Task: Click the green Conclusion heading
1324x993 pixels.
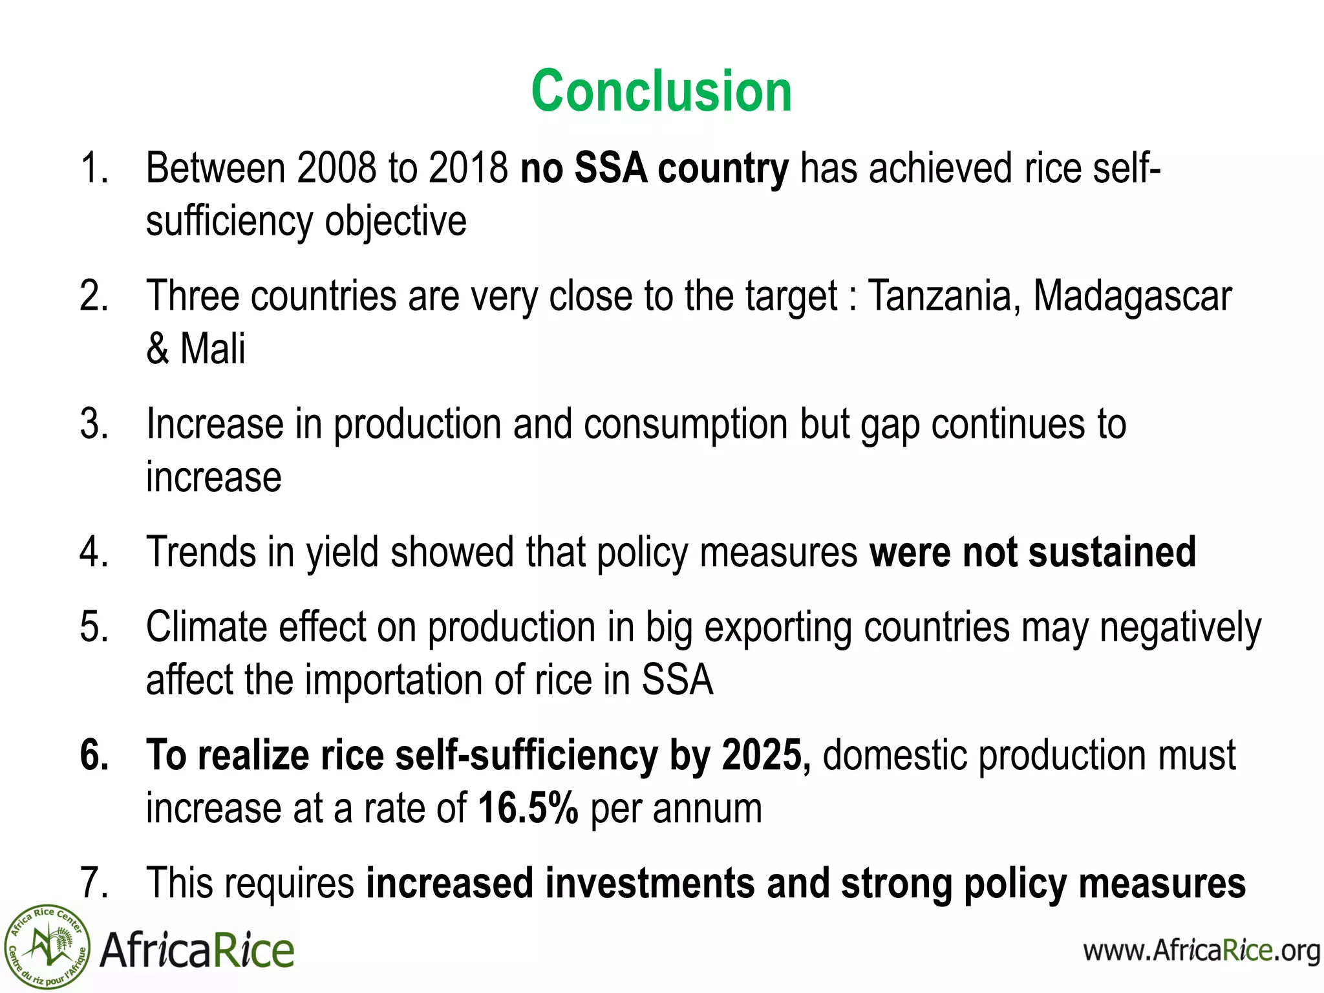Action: tap(661, 91)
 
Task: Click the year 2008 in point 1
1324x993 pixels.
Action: tap(336, 168)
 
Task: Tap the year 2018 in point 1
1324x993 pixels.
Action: tap(469, 168)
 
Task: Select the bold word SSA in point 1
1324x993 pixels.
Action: tap(611, 168)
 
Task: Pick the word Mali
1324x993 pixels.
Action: tap(213, 349)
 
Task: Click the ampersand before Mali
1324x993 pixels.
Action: tap(157, 349)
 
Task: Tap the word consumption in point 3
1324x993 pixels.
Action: tap(685, 425)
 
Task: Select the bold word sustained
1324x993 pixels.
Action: tap(1112, 552)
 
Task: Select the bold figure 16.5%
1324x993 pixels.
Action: tap(528, 808)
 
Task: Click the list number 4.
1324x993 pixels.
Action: tap(94, 552)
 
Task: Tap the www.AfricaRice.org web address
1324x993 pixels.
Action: tap(1201, 951)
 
